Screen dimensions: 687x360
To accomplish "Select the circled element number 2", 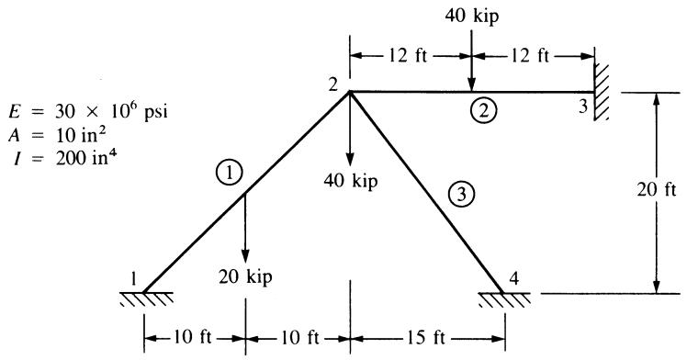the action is tap(484, 110).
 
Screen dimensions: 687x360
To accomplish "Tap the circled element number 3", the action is tap(462, 194).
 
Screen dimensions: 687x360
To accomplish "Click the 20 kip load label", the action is tap(245, 277).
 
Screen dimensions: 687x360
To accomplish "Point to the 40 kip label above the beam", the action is tap(472, 17).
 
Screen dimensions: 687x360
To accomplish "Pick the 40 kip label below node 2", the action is tap(351, 180).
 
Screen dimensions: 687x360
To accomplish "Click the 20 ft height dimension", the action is tap(657, 189).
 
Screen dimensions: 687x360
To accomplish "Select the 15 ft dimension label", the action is tap(425, 338).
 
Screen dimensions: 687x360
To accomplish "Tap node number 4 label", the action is tap(515, 278).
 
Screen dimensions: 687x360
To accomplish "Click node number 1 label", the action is tap(133, 278).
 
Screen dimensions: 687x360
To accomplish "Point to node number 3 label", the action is tap(582, 107).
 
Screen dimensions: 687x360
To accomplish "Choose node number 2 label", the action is tap(334, 84).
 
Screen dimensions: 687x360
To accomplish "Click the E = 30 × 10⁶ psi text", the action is tap(87, 111).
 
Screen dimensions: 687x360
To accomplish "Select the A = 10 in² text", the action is tap(57, 135).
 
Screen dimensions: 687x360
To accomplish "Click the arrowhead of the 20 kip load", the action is tap(245, 256).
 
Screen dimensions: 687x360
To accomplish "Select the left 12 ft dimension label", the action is tap(408, 57).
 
